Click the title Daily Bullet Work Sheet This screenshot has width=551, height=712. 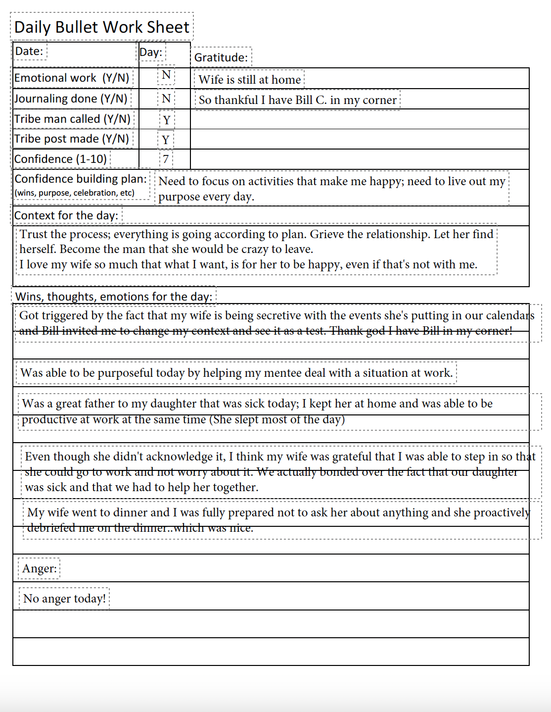click(x=101, y=27)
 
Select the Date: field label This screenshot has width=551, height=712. click(x=29, y=51)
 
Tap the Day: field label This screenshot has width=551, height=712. click(x=151, y=52)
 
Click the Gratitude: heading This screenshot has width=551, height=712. click(x=221, y=57)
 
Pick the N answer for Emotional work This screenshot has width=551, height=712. click(x=166, y=75)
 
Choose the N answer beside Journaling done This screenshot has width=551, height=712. click(x=166, y=99)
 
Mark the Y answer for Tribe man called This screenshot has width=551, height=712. click(x=167, y=120)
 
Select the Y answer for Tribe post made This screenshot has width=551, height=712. click(x=166, y=140)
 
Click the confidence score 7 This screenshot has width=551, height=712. click(x=166, y=159)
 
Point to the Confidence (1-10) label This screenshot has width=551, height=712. click(x=60, y=159)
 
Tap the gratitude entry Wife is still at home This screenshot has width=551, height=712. click(x=250, y=80)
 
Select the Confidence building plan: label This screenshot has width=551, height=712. click(x=80, y=179)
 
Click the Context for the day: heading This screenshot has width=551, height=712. click(x=66, y=215)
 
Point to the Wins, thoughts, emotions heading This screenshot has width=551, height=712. click(x=114, y=297)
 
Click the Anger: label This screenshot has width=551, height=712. click(x=39, y=568)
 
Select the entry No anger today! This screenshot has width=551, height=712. click(x=64, y=599)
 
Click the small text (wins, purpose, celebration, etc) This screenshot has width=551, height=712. click(x=74, y=193)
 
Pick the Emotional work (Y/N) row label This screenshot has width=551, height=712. click(x=72, y=78)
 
